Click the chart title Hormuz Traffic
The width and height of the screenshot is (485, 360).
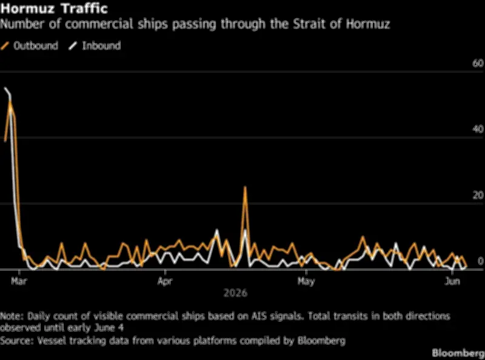(x=54, y=8)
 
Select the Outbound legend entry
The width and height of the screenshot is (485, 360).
(x=29, y=46)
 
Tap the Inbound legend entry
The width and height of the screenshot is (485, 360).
(x=95, y=46)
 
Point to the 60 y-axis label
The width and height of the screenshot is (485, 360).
(x=478, y=64)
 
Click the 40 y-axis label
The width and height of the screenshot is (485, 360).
(x=478, y=129)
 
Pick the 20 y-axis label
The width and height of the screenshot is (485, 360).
(x=478, y=195)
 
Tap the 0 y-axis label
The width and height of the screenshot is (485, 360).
(x=480, y=261)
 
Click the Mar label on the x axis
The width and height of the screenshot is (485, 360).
(x=19, y=281)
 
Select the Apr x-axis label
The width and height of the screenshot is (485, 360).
(x=165, y=281)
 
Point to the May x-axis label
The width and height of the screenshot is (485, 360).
(x=306, y=281)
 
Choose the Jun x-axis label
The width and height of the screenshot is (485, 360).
(x=452, y=281)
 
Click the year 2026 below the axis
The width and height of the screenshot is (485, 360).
(x=235, y=293)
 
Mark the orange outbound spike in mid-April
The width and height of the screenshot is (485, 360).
(x=245, y=187)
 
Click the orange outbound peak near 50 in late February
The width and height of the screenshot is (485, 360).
(x=10, y=102)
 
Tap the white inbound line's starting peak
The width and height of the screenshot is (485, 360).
(x=5, y=88)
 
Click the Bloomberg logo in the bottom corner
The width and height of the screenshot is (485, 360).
(x=458, y=353)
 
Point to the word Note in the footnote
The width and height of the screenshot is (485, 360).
(x=11, y=316)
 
